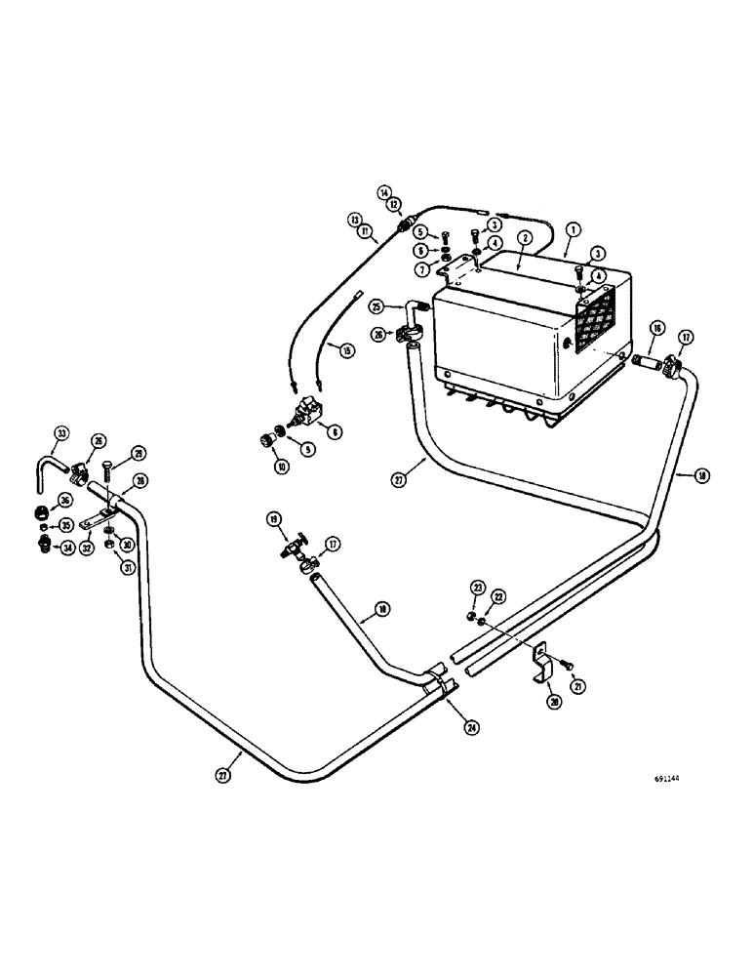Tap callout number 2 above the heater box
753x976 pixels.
click(x=525, y=237)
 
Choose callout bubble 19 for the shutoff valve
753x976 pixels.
click(x=274, y=518)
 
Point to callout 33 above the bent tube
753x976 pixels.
click(x=61, y=433)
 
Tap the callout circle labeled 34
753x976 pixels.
click(x=40, y=548)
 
